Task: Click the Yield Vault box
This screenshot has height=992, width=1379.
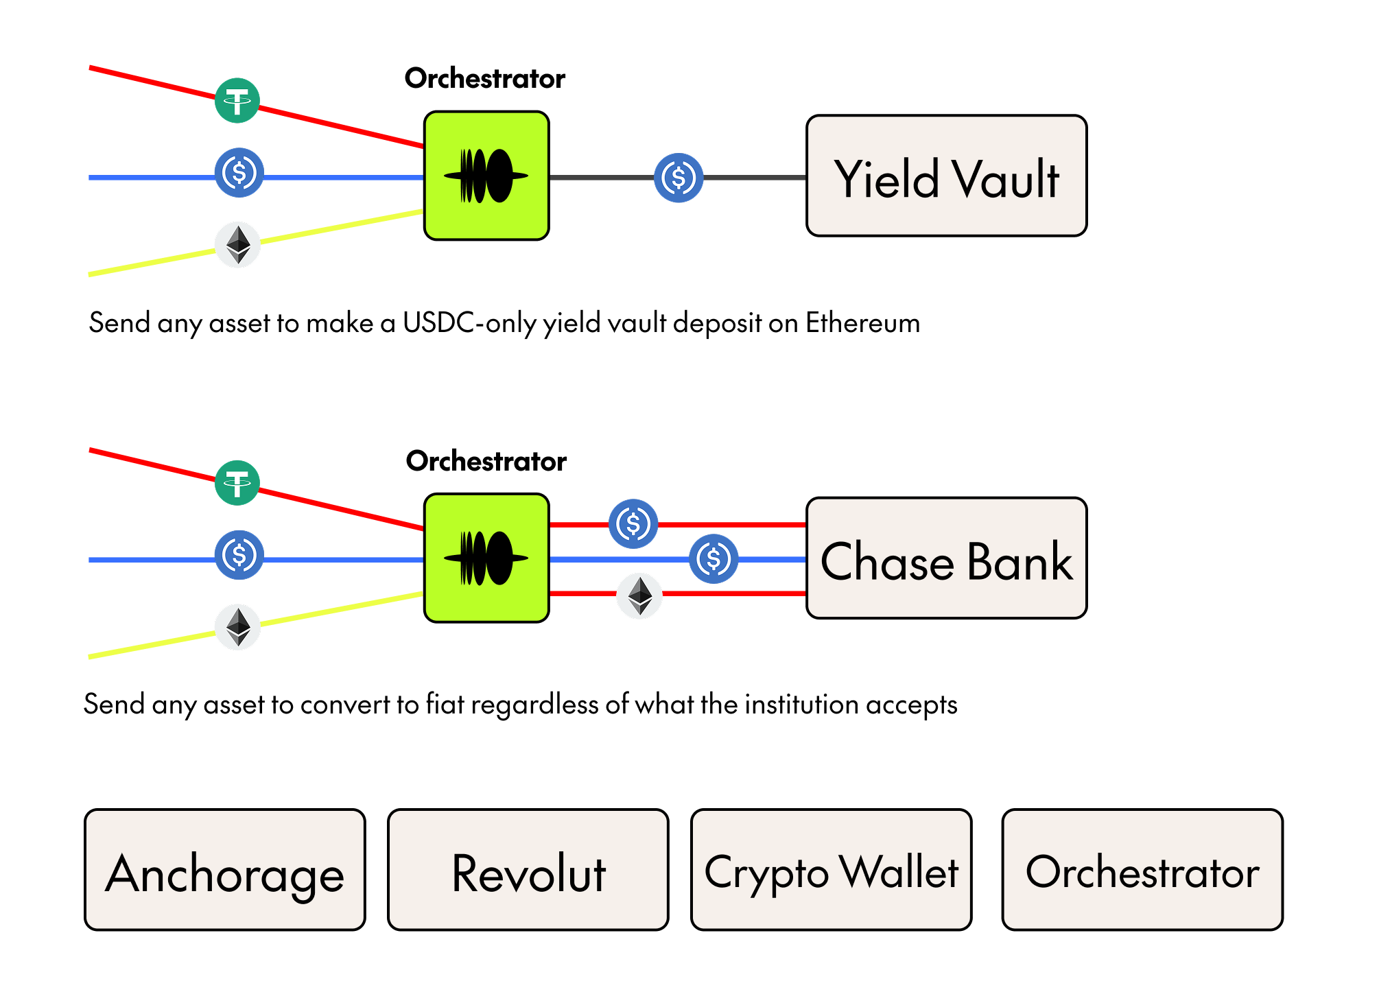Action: point(946,176)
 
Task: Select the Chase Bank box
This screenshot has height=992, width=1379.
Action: point(946,558)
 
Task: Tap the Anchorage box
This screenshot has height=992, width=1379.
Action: point(224,870)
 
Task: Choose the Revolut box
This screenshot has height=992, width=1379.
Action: point(528,870)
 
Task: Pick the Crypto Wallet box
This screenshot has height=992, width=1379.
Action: point(831,870)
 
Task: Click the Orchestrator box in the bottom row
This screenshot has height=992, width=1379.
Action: point(1142,870)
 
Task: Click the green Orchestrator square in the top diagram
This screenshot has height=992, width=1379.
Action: point(486,176)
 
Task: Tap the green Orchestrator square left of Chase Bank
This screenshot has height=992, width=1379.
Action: point(486,558)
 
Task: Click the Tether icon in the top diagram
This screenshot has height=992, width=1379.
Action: point(237,101)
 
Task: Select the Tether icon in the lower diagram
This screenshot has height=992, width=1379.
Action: point(237,483)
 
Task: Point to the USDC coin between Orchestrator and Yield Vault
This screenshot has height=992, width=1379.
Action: point(679,178)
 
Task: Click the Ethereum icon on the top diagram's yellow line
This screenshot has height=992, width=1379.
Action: point(238,244)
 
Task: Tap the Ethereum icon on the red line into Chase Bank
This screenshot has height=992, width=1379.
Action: point(639,595)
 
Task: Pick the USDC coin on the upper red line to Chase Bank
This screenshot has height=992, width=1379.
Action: point(633,523)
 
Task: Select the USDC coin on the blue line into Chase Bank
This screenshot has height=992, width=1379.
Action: point(714,559)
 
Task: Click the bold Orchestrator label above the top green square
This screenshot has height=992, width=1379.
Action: point(484,79)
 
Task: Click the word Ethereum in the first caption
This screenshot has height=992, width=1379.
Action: point(862,322)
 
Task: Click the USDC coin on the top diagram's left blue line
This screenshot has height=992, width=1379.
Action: point(239,173)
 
